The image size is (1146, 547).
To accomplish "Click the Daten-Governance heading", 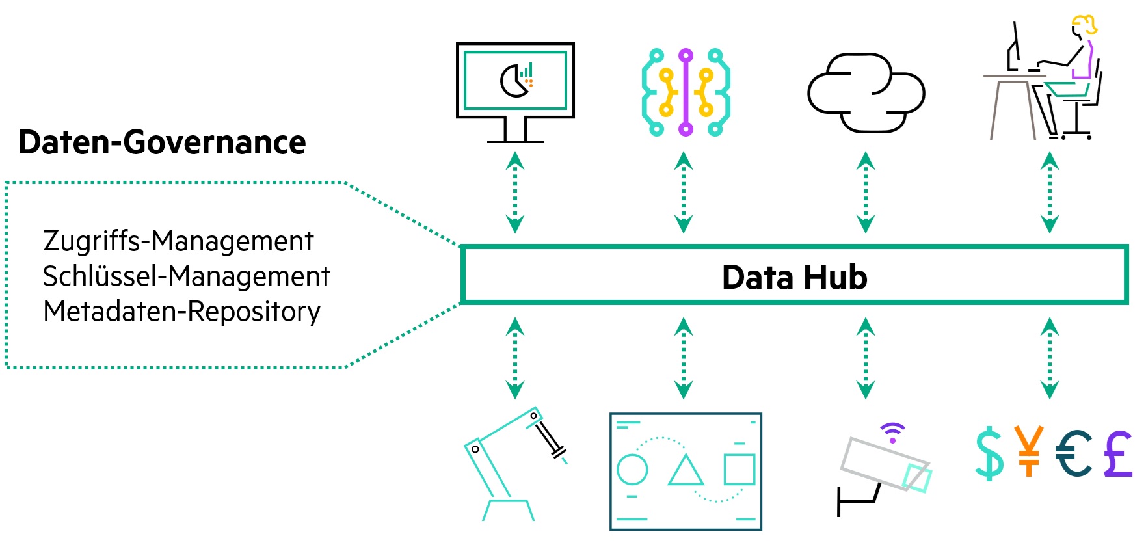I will pyautogui.click(x=162, y=142).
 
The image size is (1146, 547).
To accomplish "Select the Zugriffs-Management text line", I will pyautogui.click(x=178, y=241).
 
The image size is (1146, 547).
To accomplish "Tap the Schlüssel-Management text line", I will pyautogui.click(x=187, y=276).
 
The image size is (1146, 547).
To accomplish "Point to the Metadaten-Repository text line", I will pyautogui.click(x=182, y=312).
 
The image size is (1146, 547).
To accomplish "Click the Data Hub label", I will pyautogui.click(x=794, y=278).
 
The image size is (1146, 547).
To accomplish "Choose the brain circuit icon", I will pyautogui.click(x=686, y=92).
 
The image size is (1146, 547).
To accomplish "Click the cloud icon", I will pyautogui.click(x=866, y=93).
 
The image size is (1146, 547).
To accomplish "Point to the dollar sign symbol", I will pyautogui.click(x=989, y=453).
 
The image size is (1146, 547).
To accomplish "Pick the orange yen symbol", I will pyautogui.click(x=1028, y=451).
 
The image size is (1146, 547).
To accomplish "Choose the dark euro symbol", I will pyautogui.click(x=1073, y=453).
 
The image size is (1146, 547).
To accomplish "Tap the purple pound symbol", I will pyautogui.click(x=1119, y=453).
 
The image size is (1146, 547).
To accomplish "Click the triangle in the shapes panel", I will pyautogui.click(x=686, y=471).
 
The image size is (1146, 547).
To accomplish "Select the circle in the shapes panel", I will pyautogui.click(x=632, y=469).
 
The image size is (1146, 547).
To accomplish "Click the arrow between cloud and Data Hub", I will pyautogui.click(x=865, y=193).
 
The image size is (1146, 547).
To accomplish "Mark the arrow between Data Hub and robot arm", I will pyautogui.click(x=515, y=358).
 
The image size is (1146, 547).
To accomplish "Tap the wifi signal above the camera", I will pyautogui.click(x=892, y=431).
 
